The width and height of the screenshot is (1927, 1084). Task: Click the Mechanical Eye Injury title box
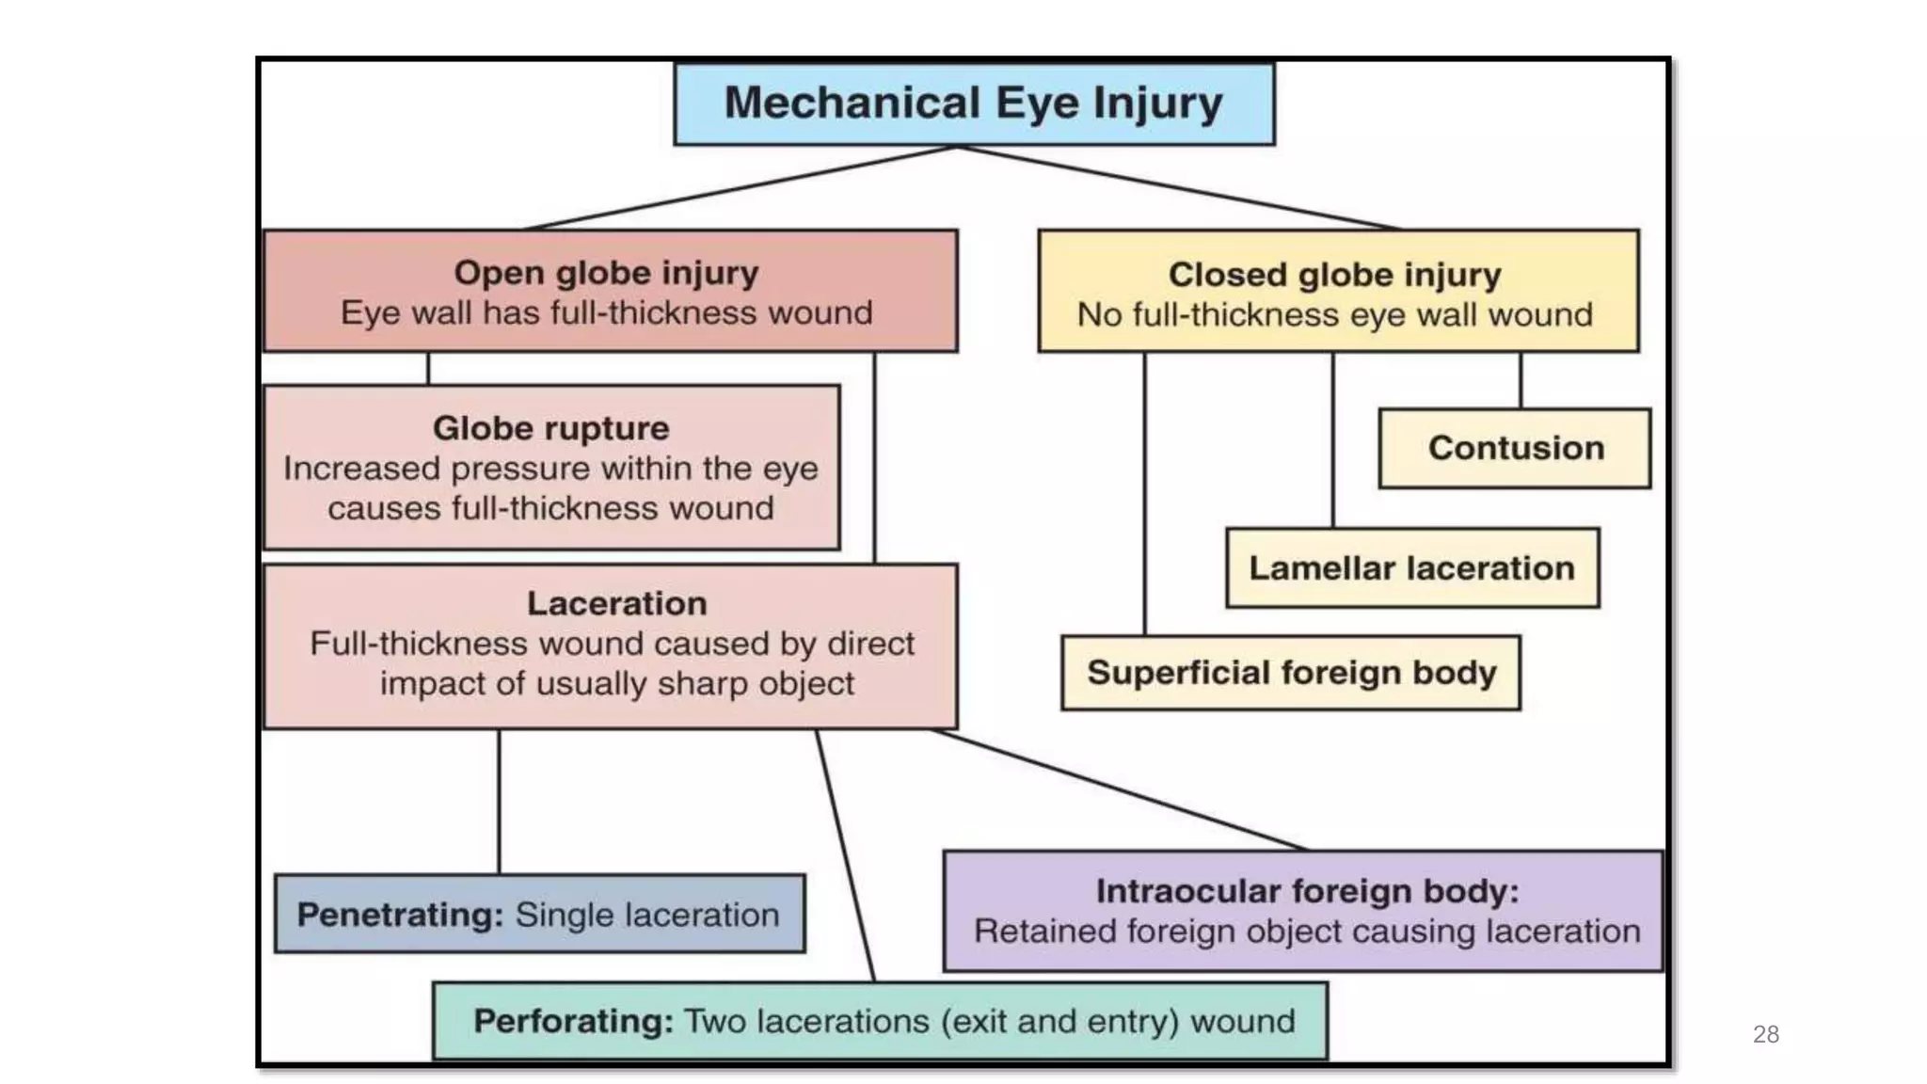[974, 104]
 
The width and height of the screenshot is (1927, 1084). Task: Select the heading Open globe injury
[606, 273]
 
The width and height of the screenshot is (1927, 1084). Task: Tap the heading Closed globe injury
[1334, 275]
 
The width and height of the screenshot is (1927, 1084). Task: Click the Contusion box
[1515, 448]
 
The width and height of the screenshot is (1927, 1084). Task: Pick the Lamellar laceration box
[1411, 568]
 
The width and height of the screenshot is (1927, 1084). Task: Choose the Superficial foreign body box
[1291, 673]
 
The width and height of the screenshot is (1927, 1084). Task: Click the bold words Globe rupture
[550, 428]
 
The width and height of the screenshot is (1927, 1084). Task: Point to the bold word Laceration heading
[616, 603]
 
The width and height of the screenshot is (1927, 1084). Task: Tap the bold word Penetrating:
[401, 915]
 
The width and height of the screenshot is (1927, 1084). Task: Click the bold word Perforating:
[573, 1021]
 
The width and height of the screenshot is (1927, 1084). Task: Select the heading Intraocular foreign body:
[1306, 891]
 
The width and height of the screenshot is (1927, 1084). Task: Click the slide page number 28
[1765, 1034]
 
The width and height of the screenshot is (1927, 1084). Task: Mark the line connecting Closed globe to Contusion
[1521, 380]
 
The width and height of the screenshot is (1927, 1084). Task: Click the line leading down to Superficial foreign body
[1144, 494]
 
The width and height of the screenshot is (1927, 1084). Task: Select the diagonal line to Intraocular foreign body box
[1120, 789]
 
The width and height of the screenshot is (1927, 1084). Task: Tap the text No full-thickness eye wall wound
[1334, 314]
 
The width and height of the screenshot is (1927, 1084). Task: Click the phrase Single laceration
[647, 915]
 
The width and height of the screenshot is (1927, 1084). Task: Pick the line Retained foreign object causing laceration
[1306, 932]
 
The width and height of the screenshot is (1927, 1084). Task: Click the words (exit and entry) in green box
[1059, 1021]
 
